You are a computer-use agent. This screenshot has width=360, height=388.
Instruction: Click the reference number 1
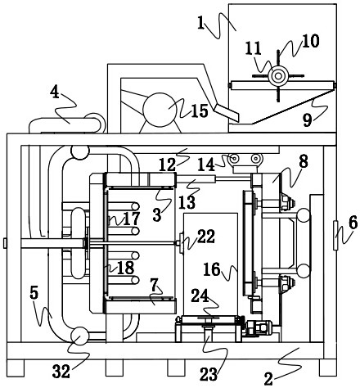coord(201,23)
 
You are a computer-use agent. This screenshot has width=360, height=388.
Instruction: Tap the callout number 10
coord(310,41)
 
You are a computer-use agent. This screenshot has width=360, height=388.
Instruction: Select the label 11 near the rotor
coord(253,48)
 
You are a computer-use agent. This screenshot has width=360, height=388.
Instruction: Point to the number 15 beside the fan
coord(200,111)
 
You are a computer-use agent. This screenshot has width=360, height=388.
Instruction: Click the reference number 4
coord(55,92)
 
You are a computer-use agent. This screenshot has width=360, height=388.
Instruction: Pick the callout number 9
coord(308,120)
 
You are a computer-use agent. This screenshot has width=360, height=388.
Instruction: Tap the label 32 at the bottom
coord(61,371)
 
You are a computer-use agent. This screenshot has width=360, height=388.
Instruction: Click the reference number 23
coord(209,374)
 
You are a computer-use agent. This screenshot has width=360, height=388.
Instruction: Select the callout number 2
coord(268,379)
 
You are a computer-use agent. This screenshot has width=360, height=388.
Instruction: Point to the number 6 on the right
coord(353,223)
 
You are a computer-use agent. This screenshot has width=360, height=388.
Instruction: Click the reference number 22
coord(206,237)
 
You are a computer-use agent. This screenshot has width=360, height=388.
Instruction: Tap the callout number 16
coord(212,269)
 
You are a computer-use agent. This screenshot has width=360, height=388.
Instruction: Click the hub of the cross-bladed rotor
coord(278,76)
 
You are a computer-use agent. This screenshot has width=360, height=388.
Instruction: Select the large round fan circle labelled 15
coord(160,110)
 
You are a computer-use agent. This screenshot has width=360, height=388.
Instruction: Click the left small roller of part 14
coord(234,158)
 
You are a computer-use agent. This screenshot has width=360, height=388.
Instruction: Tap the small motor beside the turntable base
coord(259,327)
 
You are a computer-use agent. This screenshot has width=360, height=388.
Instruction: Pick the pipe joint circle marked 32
coord(79,336)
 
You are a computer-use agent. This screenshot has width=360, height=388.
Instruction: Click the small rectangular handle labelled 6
coord(335,235)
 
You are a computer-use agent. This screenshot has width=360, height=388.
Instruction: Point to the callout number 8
coord(304,161)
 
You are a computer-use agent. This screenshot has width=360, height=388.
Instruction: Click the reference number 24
coord(200,296)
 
